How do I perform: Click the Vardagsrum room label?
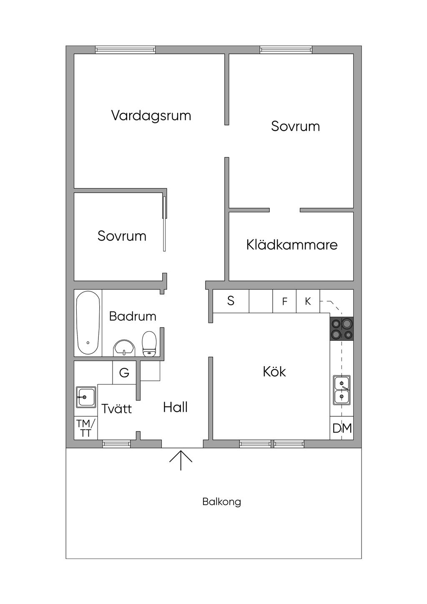pyautogui.click(x=151, y=116)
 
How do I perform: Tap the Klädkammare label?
pyautogui.click(x=292, y=244)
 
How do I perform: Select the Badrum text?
pyautogui.click(x=133, y=316)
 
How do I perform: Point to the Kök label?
pyautogui.click(x=274, y=372)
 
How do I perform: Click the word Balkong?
pyautogui.click(x=221, y=502)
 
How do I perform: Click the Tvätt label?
pyautogui.click(x=116, y=408)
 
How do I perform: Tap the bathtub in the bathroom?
pyautogui.click(x=88, y=323)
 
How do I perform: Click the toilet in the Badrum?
pyautogui.click(x=149, y=344)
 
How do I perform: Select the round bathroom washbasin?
pyautogui.click(x=124, y=348)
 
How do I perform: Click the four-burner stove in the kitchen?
pyautogui.click(x=342, y=329)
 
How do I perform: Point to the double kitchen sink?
pyautogui.click(x=342, y=390)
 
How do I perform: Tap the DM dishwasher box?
pyautogui.click(x=342, y=428)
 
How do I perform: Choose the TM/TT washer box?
pyautogui.click(x=86, y=428)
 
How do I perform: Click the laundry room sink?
pyautogui.click(x=86, y=397)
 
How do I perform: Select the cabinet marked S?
pyautogui.click(x=231, y=301)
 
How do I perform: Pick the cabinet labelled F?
pyautogui.click(x=284, y=301)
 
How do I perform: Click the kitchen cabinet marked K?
pyautogui.click(x=308, y=301)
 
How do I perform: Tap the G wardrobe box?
pyautogui.click(x=124, y=372)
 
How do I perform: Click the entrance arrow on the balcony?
pyautogui.click(x=181, y=460)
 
